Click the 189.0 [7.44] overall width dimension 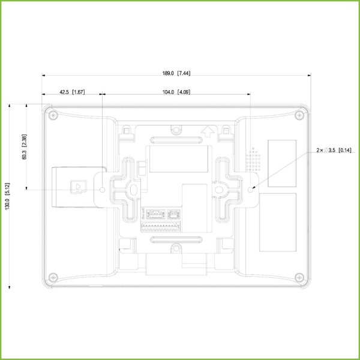click(x=176, y=73)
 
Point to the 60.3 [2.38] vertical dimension click(x=24, y=146)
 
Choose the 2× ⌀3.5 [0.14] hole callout click(x=335, y=150)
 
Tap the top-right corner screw click(x=299, y=114)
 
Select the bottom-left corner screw click(x=53, y=277)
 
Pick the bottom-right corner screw click(x=299, y=277)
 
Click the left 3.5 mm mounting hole click(x=102, y=190)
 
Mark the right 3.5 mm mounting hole click(x=251, y=190)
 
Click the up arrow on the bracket click(x=208, y=129)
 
